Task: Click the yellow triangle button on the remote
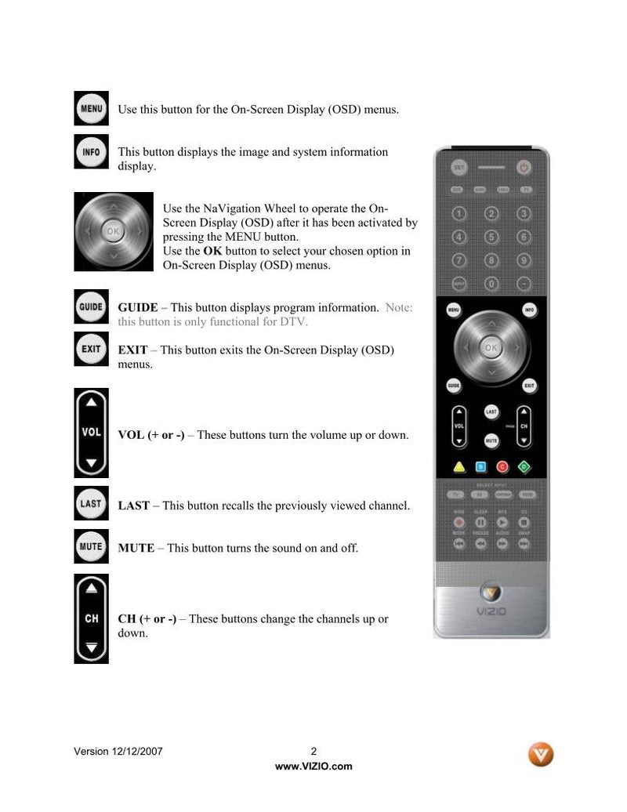click(459, 467)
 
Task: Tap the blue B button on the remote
click(481, 467)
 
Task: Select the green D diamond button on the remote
click(524, 467)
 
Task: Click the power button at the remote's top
click(524, 167)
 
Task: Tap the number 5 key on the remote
click(491, 237)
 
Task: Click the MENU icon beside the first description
click(91, 108)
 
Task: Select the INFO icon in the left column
click(91, 151)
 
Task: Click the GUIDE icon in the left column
click(91, 306)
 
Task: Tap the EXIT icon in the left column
click(91, 349)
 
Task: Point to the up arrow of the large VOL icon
click(92, 402)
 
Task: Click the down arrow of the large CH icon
click(92, 647)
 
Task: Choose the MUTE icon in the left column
click(91, 546)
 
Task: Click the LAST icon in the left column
click(91, 503)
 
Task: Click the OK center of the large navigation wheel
click(113, 231)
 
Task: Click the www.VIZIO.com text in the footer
click(313, 767)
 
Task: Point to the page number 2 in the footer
click(313, 751)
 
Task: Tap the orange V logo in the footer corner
click(541, 754)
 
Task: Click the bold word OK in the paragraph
click(212, 251)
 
